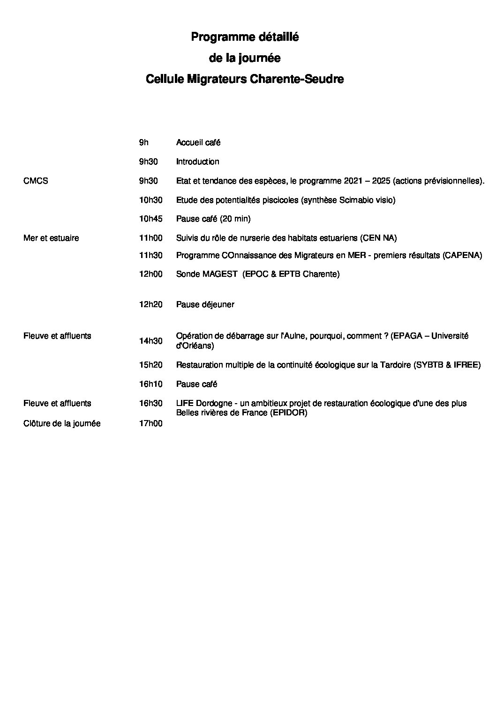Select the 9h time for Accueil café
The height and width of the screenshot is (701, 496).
click(x=143, y=142)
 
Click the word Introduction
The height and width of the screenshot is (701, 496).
click(x=197, y=162)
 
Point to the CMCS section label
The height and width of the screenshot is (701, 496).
click(x=36, y=181)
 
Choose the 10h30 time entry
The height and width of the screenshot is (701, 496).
click(x=150, y=200)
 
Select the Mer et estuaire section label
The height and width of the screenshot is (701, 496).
click(x=51, y=238)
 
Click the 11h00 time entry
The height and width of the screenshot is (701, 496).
click(x=150, y=238)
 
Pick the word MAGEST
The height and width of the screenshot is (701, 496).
click(x=220, y=274)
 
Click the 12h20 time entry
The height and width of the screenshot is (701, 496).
click(x=150, y=304)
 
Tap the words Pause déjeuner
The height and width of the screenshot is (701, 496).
click(x=205, y=304)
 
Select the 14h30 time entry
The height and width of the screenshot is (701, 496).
click(x=150, y=341)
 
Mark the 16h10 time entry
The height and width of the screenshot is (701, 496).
click(x=150, y=384)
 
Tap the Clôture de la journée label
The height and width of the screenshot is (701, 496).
click(x=62, y=424)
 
